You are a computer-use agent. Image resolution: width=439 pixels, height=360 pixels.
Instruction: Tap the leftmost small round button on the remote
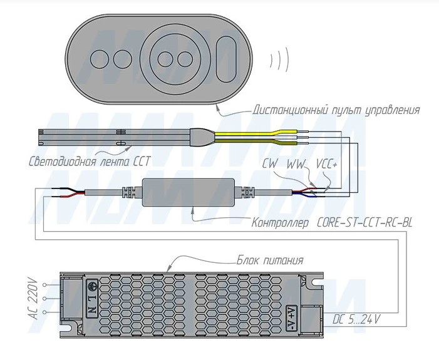tap(100, 59)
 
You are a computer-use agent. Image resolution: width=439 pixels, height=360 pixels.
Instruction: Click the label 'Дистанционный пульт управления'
tap(336, 110)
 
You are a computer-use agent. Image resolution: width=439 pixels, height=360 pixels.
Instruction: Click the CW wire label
tap(271, 164)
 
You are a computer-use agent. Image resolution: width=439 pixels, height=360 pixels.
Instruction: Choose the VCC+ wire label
tap(328, 164)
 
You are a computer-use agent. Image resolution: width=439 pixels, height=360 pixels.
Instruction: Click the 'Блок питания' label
tap(270, 260)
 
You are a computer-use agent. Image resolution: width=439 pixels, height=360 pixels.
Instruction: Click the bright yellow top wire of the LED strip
tap(263, 133)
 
